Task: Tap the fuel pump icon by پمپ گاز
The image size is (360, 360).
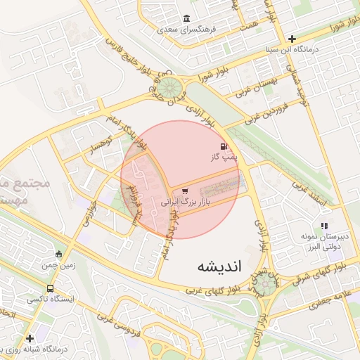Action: click(224, 146)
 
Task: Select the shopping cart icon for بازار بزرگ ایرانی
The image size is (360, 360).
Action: click(185, 190)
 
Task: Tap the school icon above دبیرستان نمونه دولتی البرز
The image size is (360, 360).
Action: click(324, 226)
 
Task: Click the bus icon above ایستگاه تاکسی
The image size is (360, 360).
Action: click(50, 288)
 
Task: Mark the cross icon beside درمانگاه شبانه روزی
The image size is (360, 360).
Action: click(30, 338)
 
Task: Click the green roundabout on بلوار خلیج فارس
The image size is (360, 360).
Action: click(168, 88)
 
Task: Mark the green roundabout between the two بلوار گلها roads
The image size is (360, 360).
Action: click(265, 283)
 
